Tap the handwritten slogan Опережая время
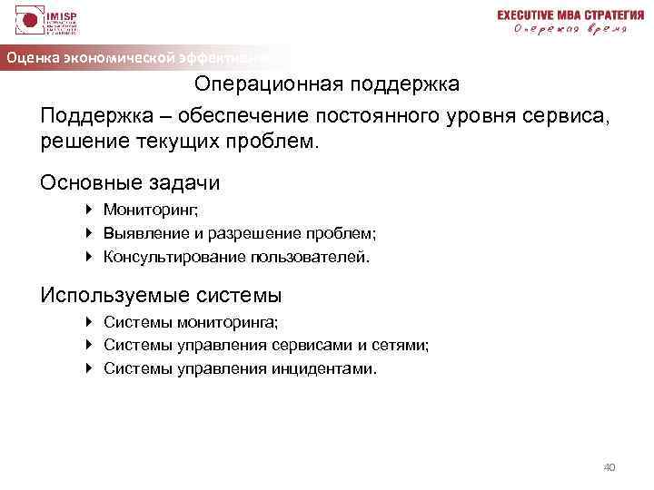coord(570,29)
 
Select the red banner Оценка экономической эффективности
coord(136,57)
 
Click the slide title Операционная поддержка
coord(327,83)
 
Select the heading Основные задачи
coord(130,182)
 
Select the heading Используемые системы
coord(161,295)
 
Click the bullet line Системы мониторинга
coord(192,321)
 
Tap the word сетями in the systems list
coord(399,345)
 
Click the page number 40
coord(609,466)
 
